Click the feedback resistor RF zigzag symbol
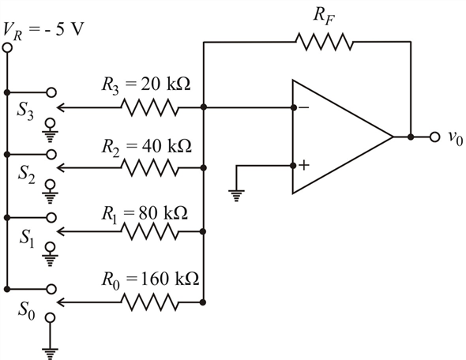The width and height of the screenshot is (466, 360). click(325, 42)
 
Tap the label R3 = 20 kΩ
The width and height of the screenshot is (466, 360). click(146, 84)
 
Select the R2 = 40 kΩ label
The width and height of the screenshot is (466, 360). click(147, 146)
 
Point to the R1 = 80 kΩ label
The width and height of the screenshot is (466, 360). click(145, 214)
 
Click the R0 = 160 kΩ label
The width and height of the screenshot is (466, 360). click(150, 279)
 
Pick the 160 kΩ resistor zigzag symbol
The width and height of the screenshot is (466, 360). click(150, 302)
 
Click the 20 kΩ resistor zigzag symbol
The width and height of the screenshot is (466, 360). click(150, 107)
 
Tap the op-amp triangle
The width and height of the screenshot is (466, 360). click(343, 137)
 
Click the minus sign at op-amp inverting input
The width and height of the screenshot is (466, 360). click(304, 107)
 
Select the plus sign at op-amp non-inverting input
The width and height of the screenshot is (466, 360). click(304, 165)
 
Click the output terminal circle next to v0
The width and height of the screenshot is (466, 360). click(434, 137)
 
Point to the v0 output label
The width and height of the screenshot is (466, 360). click(456, 138)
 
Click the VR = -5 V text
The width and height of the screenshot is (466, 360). click(43, 31)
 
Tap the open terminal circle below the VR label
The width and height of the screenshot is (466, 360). click(7, 48)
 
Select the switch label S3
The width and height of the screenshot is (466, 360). click(25, 111)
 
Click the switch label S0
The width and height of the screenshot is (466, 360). click(26, 310)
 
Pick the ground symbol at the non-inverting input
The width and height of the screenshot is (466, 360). click(236, 196)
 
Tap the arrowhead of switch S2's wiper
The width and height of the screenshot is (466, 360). click(61, 168)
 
